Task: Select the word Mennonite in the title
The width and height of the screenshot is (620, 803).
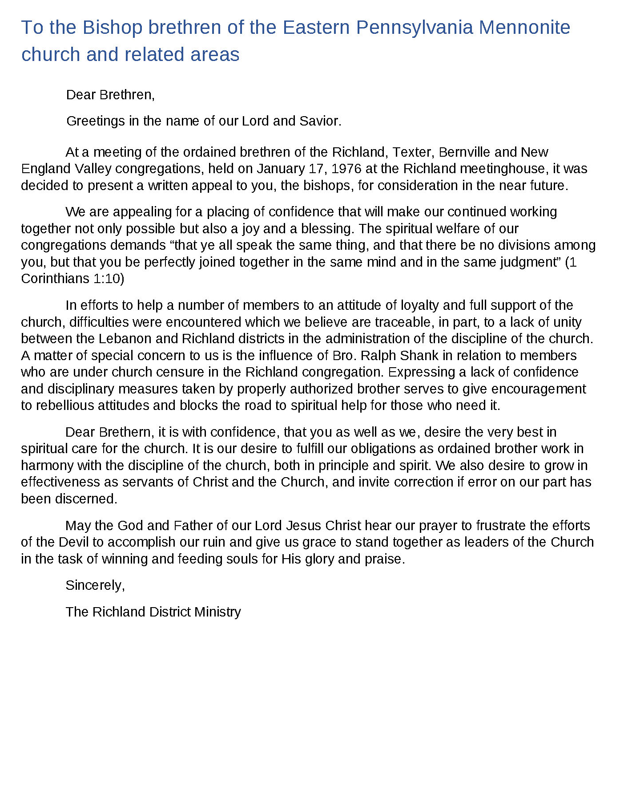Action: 524,28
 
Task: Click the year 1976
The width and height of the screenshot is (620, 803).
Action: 346,169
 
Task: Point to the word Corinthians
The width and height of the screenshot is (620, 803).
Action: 55,279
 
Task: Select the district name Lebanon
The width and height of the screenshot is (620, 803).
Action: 125,339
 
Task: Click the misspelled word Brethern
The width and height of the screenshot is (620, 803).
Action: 125,432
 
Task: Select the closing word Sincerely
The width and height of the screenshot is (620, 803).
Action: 95,585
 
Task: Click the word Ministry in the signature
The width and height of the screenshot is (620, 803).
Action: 217,612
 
